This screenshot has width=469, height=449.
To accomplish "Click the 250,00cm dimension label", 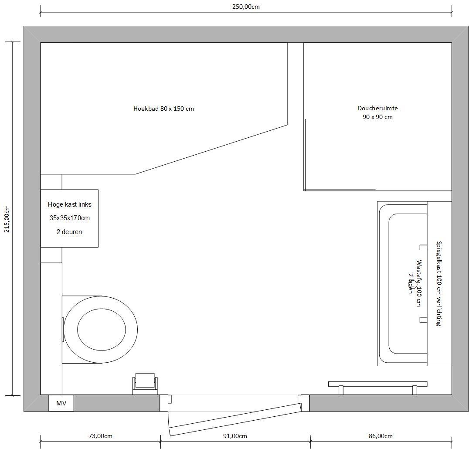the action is click(x=246, y=7).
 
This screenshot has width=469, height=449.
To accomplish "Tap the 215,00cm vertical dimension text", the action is click(x=7, y=219).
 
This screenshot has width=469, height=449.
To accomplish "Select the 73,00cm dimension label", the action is click(x=101, y=436).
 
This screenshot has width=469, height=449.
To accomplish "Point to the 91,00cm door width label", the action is click(x=235, y=436).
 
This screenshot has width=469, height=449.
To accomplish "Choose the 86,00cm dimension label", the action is click(x=381, y=436).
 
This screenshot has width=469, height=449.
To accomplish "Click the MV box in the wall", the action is click(x=61, y=403).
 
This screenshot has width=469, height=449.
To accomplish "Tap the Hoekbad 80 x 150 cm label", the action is click(x=163, y=109).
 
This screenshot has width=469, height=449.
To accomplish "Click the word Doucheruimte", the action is click(x=377, y=108).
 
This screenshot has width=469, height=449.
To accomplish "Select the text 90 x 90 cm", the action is click(x=377, y=117).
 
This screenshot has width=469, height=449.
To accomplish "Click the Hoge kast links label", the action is click(x=70, y=204).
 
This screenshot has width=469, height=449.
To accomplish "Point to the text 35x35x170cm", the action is click(x=70, y=218).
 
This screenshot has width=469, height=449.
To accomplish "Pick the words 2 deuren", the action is click(x=69, y=232).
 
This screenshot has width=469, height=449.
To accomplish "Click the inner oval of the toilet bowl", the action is click(x=102, y=330).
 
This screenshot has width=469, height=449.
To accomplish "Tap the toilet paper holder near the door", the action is click(x=145, y=384).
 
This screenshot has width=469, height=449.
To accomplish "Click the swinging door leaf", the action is click(x=234, y=419).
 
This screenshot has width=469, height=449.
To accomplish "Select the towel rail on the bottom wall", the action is click(x=378, y=388).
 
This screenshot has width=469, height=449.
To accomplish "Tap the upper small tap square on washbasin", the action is click(x=423, y=247).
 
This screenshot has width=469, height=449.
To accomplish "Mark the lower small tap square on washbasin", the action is click(x=423, y=320).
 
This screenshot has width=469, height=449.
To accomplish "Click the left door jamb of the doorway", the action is click(x=165, y=403).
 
